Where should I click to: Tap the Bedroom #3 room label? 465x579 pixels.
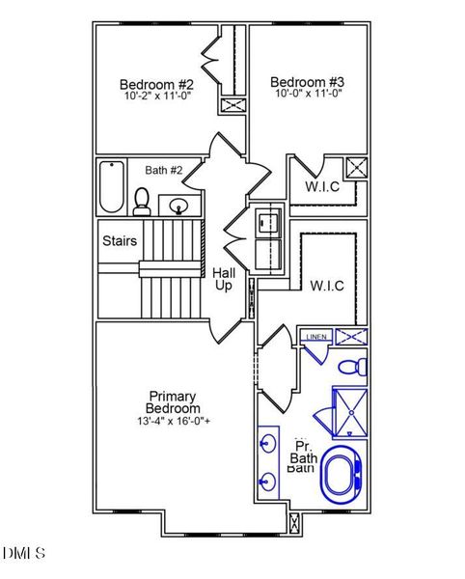coord(307,82)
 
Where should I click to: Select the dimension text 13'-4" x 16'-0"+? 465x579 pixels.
coord(174,422)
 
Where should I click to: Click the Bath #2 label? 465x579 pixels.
coord(164,171)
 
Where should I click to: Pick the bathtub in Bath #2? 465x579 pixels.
coord(112,188)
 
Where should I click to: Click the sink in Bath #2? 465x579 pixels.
coord(178,205)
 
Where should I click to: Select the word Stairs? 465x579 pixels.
coord(120,240)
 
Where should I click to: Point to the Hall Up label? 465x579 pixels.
coord(224,280)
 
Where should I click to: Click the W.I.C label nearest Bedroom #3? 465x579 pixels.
coord(322,186)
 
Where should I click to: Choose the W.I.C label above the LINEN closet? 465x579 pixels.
coord(327,286)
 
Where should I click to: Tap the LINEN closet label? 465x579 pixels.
coord(315,337)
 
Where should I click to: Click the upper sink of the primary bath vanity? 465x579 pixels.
coord(267,445)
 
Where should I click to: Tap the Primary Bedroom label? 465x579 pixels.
coord(174,402)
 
